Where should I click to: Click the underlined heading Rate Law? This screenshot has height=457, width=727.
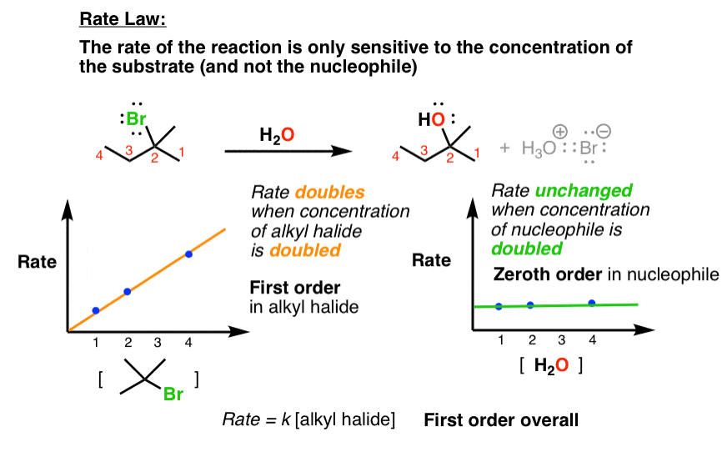click(x=123, y=19)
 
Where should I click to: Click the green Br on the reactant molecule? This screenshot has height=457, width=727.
click(x=136, y=118)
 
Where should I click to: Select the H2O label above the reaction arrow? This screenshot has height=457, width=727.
click(x=277, y=135)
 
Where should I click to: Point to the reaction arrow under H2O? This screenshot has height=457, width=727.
click(x=288, y=151)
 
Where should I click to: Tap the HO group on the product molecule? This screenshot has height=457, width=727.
click(x=432, y=120)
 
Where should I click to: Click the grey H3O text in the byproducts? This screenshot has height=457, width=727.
click(x=539, y=148)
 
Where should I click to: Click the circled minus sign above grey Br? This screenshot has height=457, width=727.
click(x=604, y=131)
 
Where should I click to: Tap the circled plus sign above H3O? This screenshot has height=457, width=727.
click(x=560, y=132)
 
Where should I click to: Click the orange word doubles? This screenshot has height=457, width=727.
click(x=329, y=192)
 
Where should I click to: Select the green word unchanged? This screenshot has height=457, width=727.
click(x=584, y=191)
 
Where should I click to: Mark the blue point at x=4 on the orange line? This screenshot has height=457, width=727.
click(x=188, y=254)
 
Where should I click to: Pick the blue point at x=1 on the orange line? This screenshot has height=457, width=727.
click(x=96, y=310)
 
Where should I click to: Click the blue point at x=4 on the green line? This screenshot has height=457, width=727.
click(x=592, y=303)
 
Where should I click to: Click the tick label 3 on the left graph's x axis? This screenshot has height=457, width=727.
click(x=158, y=343)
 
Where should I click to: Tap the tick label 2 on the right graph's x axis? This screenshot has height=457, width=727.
click(x=532, y=340)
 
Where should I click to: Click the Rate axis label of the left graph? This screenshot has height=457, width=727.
click(x=37, y=262)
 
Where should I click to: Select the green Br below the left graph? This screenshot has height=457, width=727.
click(x=173, y=394)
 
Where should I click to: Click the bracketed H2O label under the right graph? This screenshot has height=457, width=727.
click(x=551, y=365)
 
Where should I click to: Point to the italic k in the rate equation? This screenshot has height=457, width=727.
click(x=286, y=419)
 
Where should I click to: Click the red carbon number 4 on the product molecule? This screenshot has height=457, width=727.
click(x=395, y=156)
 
